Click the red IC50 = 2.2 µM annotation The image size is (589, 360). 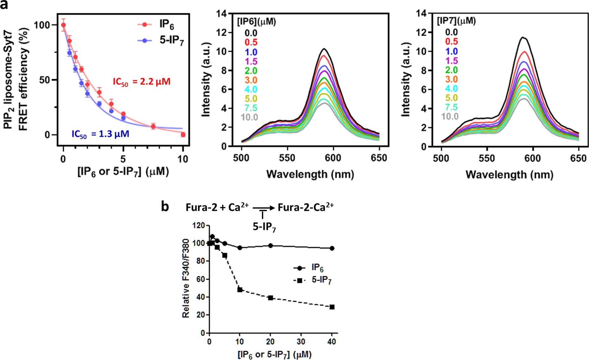click(x=141, y=82)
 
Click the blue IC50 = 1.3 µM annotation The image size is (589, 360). click(x=100, y=134)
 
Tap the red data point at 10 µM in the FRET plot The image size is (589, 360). click(x=183, y=135)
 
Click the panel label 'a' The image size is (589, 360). click(x=4, y=5)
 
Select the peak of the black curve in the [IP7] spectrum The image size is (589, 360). click(x=523, y=38)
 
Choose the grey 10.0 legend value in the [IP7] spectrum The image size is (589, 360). click(x=450, y=116)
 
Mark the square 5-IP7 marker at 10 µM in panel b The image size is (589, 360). click(x=240, y=290)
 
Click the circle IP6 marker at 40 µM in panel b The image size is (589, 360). click(x=332, y=248)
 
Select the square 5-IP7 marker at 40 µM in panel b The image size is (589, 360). click(x=332, y=307)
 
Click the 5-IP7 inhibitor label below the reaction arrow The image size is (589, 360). click(x=264, y=227)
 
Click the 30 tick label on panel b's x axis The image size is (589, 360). click(x=301, y=342)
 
